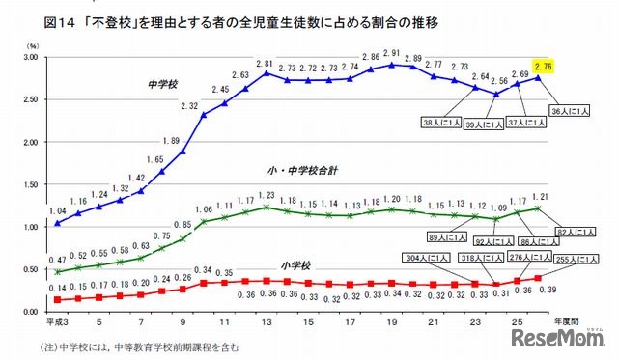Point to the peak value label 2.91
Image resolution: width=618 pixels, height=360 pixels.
pyautogui.click(x=391, y=54)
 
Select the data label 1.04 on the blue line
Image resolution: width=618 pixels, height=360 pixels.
pyautogui.click(x=58, y=210)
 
